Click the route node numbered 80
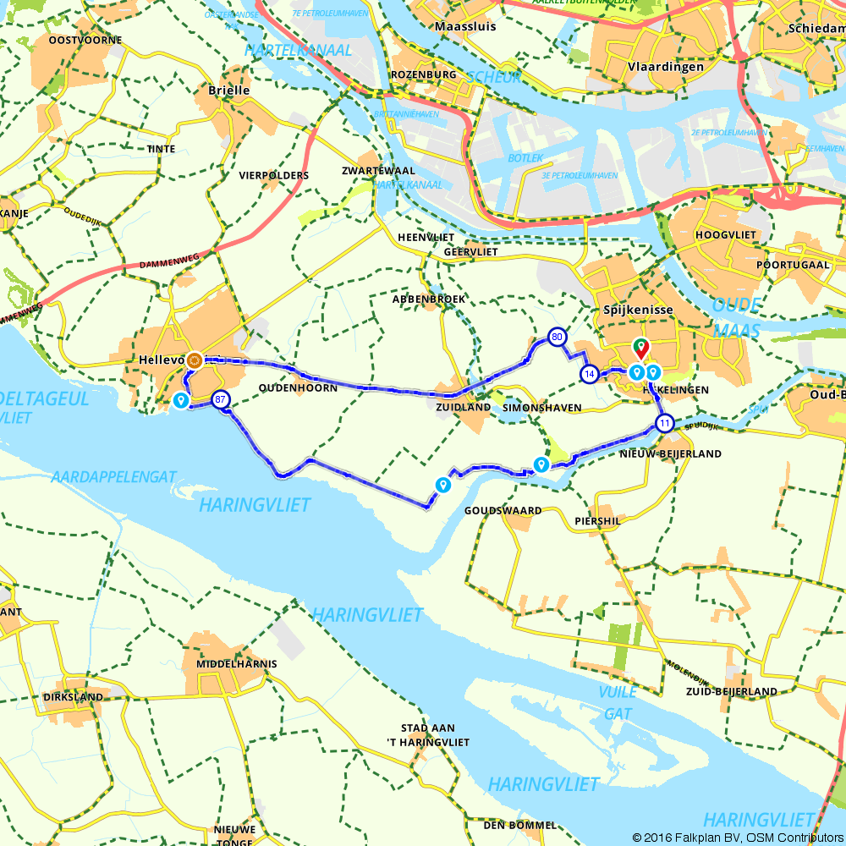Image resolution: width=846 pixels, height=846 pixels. point(557,337)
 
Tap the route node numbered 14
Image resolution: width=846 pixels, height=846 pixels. point(590,373)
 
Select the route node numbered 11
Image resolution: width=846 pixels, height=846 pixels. point(665,424)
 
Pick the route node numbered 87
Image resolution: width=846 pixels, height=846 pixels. point(221,400)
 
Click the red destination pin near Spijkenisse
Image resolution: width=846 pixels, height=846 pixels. point(640,348)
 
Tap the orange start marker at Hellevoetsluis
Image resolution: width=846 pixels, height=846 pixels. point(195,360)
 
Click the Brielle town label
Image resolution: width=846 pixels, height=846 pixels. point(228,90)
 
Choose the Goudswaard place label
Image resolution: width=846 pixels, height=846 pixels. point(503,511)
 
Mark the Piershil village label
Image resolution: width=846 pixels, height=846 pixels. point(596,521)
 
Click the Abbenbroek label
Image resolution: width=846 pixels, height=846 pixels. point(428,299)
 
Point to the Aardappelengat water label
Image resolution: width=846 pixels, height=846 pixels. point(113,477)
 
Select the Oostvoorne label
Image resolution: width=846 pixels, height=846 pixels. point(85,40)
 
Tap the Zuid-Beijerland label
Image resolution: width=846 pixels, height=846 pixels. point(732,691)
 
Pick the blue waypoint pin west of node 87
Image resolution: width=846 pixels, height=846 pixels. point(180,400)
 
